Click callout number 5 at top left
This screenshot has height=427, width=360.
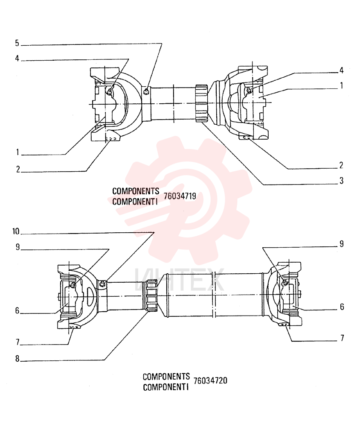pyautogui.click(x=17, y=43)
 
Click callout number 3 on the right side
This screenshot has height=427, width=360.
pyautogui.click(x=342, y=181)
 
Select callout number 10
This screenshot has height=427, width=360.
pyautogui.click(x=16, y=231)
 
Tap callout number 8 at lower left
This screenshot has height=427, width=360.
pyautogui.click(x=17, y=359)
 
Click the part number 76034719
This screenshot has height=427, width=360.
pyautogui.click(x=180, y=196)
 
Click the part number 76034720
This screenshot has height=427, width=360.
pyautogui.click(x=210, y=380)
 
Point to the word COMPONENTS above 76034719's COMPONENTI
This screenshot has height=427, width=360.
pyautogui.click(x=136, y=191)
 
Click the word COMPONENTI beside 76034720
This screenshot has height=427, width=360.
pyautogui.click(x=166, y=387)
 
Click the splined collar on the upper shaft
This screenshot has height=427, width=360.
pyautogui.click(x=202, y=103)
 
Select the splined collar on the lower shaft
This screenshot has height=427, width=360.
pyautogui.click(x=151, y=296)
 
